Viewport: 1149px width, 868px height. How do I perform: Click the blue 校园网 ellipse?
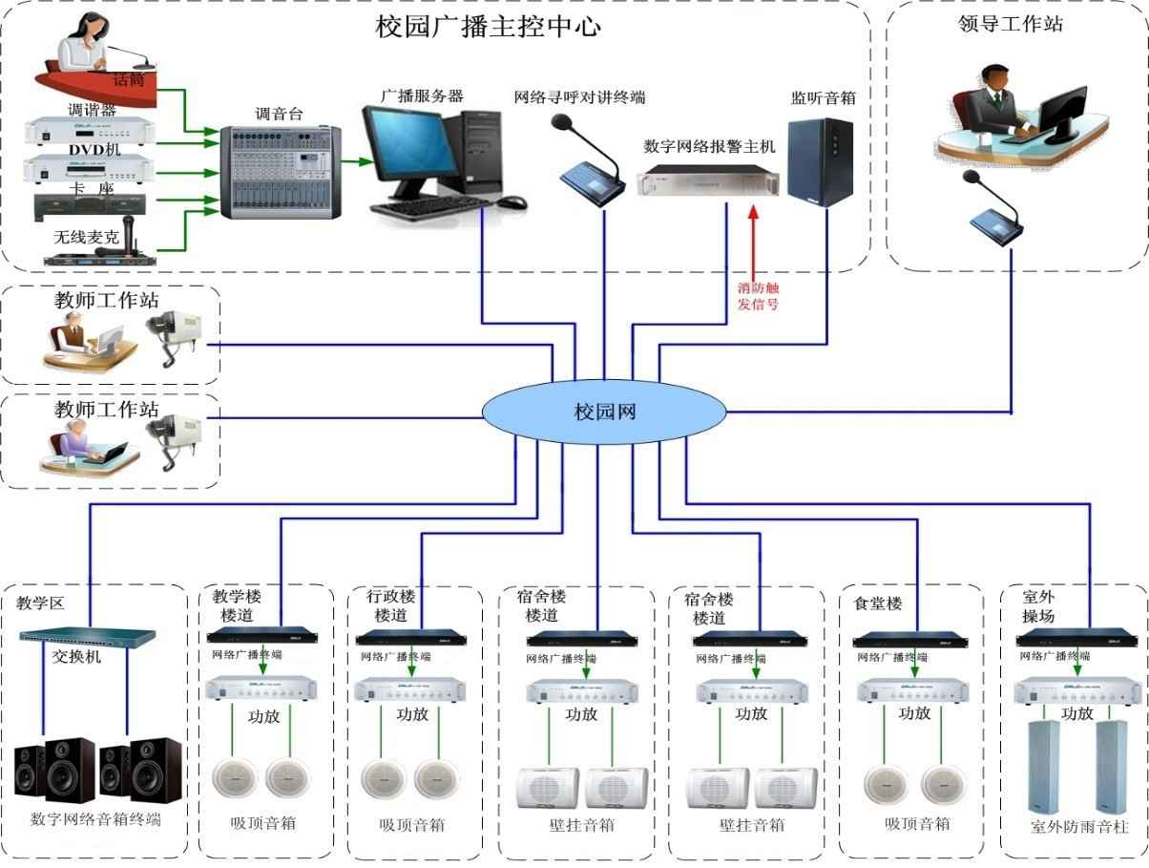603,412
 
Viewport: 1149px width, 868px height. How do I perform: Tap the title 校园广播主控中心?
488,26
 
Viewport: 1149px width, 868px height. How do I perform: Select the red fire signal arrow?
753,239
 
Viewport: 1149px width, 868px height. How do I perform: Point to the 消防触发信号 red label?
758,295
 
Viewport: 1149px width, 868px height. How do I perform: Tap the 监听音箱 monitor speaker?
820,162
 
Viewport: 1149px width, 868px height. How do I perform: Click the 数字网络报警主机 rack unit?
707,180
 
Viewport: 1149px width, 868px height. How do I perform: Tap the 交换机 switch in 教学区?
88,635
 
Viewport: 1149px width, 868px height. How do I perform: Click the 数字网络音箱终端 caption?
95,819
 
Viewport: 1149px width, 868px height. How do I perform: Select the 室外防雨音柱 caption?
1079,827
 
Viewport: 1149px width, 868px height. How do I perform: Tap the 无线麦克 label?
87,236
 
